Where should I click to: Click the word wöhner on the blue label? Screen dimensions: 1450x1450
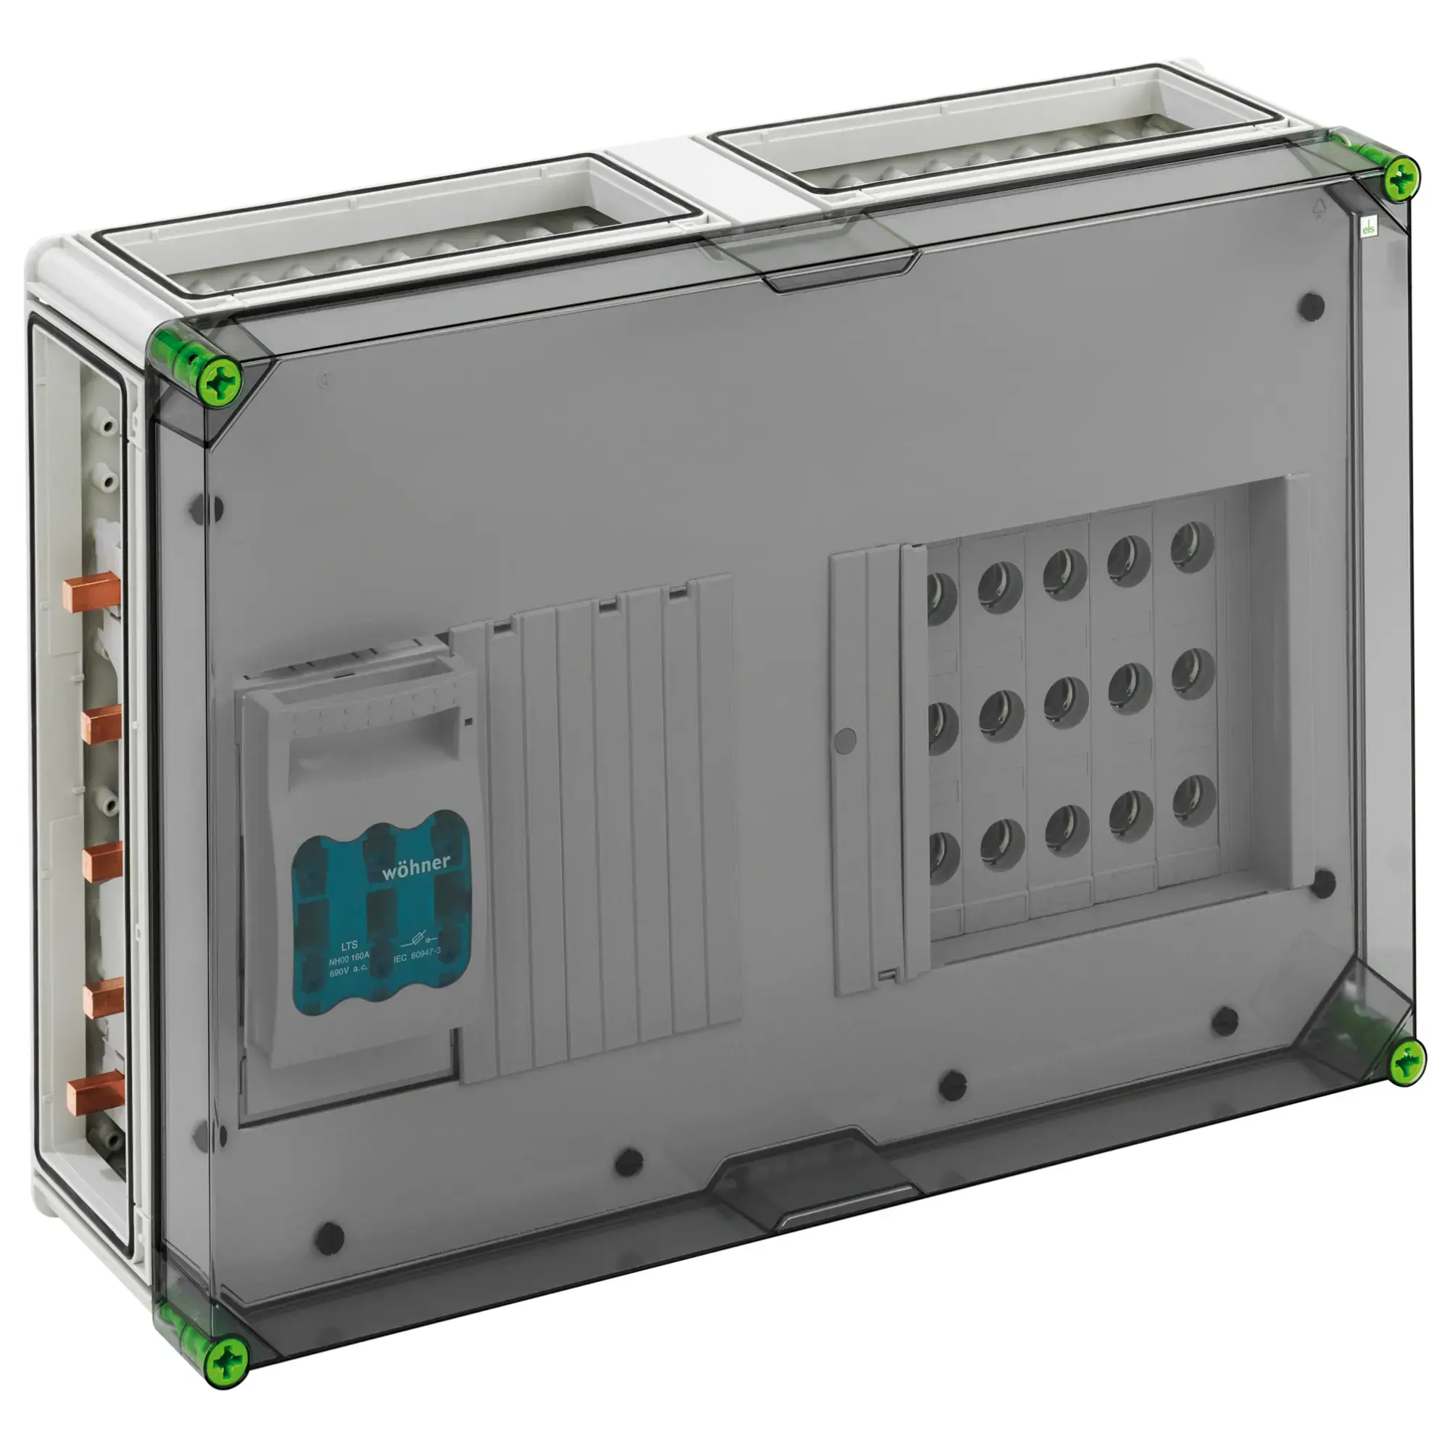click(415, 866)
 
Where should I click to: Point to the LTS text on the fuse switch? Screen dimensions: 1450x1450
click(349, 945)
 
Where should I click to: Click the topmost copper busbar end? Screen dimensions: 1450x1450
click(91, 592)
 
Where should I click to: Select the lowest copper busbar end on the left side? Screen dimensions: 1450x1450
click(92, 1096)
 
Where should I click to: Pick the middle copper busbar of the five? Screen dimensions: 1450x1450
click(101, 861)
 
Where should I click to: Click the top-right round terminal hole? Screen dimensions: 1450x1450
click(1192, 547)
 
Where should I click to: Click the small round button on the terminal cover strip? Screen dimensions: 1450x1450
click(845, 739)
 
